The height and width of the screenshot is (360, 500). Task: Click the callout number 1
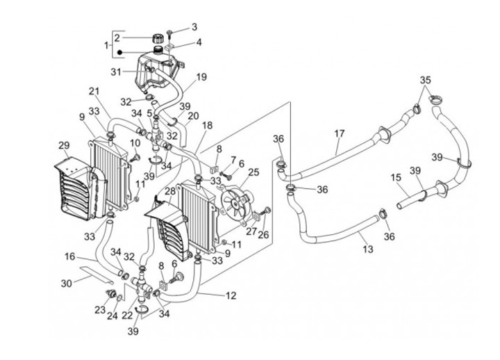click(x=106, y=46)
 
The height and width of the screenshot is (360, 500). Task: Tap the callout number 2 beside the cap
click(x=118, y=38)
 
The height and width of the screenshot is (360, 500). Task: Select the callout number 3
click(x=194, y=27)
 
